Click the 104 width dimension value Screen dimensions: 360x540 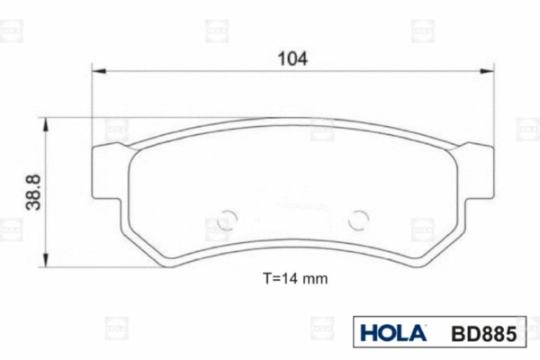(x=293, y=58)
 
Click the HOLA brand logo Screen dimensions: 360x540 (x=393, y=333)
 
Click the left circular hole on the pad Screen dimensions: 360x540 (x=226, y=219)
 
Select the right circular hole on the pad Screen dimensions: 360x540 (x=360, y=219)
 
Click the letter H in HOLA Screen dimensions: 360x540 (x=369, y=333)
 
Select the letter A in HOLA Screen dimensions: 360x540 (x=417, y=333)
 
